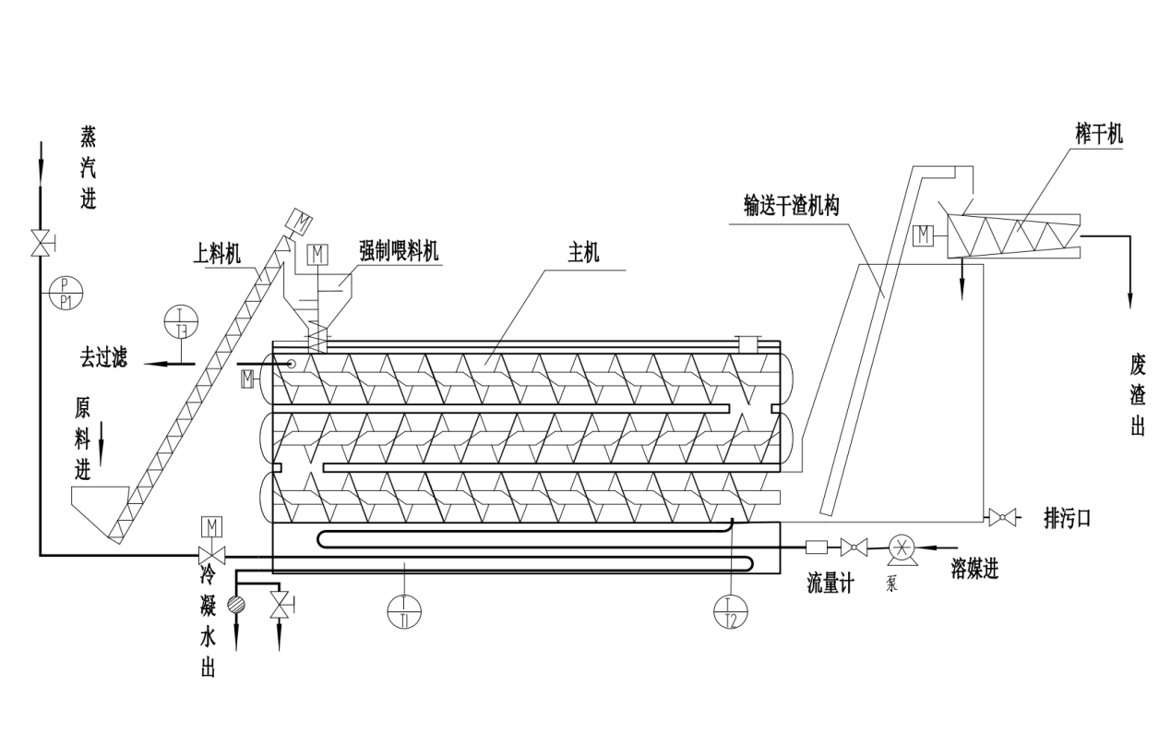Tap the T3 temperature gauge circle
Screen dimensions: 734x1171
(x=181, y=321)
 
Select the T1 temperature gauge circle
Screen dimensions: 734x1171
(x=404, y=610)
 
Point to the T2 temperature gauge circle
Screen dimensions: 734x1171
(x=731, y=610)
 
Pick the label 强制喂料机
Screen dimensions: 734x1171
(x=399, y=251)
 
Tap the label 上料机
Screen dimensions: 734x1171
(x=218, y=252)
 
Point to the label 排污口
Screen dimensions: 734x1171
(x=1067, y=518)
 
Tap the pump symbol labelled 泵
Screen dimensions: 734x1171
(x=900, y=548)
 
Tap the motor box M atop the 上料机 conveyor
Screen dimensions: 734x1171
(x=301, y=221)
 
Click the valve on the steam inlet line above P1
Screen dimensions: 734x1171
(x=41, y=243)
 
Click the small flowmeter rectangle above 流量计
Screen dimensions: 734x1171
(x=817, y=547)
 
